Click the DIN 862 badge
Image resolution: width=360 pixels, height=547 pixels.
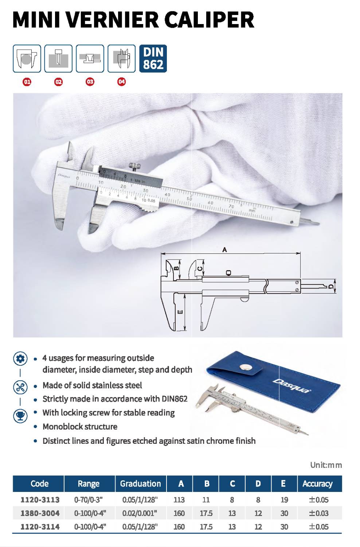click(x=153, y=59)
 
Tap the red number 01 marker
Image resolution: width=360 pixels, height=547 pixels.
click(x=27, y=82)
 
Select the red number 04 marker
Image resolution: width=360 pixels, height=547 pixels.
click(x=122, y=82)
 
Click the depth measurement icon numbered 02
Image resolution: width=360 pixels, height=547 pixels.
click(x=58, y=59)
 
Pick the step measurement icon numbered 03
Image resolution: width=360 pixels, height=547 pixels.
click(x=90, y=59)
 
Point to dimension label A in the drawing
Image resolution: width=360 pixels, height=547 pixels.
click(x=224, y=250)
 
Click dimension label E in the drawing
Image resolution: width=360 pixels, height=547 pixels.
click(x=180, y=312)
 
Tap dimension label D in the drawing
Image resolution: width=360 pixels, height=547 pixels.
click(x=331, y=286)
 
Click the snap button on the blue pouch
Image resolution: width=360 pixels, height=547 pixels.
click(x=246, y=367)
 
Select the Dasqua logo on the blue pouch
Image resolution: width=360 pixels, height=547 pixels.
click(x=291, y=385)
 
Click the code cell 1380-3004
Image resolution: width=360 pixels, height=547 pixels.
click(x=40, y=513)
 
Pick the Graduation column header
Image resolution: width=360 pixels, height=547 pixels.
click(x=141, y=484)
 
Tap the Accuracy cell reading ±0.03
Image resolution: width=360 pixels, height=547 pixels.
click(x=319, y=513)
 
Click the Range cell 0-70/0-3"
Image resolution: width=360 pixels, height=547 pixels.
click(x=88, y=500)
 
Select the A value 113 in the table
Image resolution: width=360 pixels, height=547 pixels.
click(x=179, y=500)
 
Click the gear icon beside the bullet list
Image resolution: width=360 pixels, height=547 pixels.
click(x=20, y=359)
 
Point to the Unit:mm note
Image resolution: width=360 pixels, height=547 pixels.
click(x=326, y=465)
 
